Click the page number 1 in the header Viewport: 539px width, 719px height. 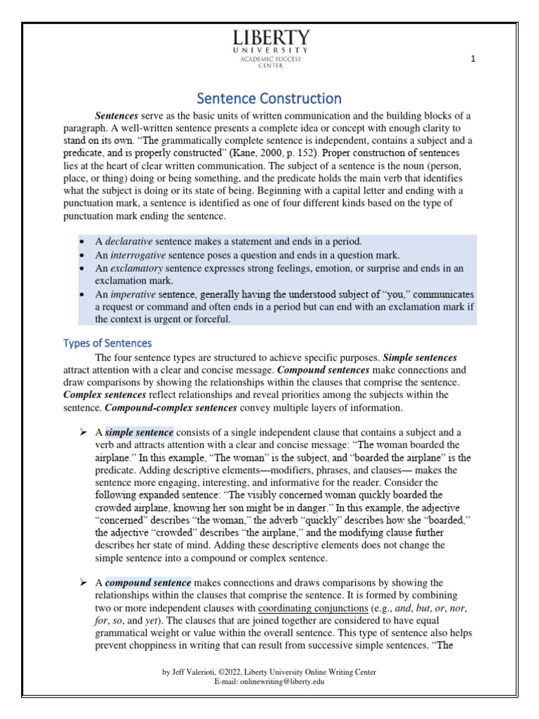tap(473, 60)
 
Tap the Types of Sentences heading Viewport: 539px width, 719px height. tap(107, 343)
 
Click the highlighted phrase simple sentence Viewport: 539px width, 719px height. tap(139, 432)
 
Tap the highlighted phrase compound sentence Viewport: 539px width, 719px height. tap(148, 583)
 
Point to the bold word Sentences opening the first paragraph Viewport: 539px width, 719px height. tap(117, 115)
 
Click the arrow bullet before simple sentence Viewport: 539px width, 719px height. tap(83, 432)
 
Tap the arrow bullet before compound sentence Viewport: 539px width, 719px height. tap(83, 583)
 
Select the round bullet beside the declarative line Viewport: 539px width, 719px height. tap(83, 242)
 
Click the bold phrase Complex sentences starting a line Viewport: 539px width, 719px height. tap(99, 395)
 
